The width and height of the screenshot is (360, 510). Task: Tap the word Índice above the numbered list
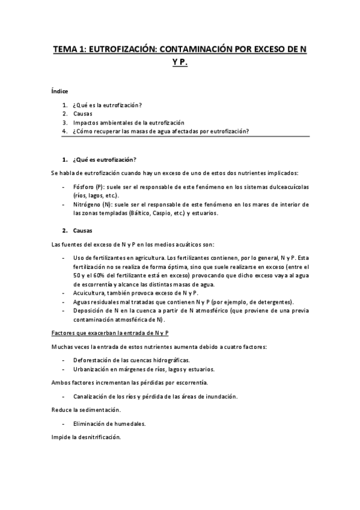pos(60,91)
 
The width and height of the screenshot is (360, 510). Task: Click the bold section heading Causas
pos(83,230)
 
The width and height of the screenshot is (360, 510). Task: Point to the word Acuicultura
pos(90,292)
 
